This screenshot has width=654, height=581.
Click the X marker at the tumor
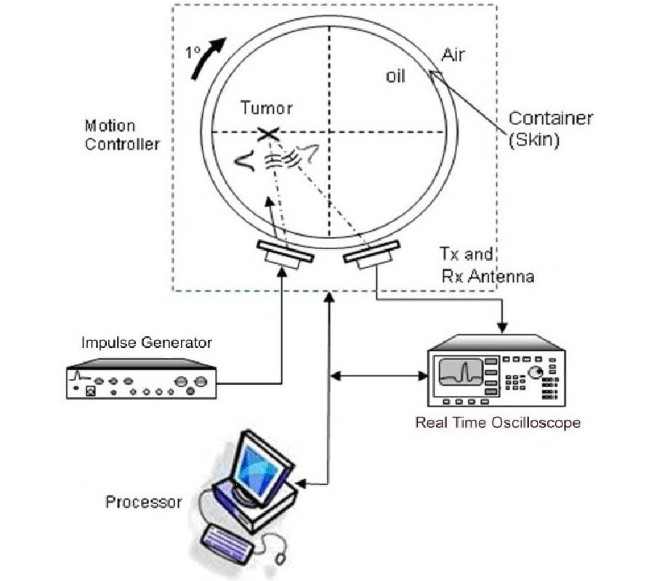268,133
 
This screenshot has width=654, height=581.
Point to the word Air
453,54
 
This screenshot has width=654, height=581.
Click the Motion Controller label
122,134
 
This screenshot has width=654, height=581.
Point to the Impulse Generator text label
146,342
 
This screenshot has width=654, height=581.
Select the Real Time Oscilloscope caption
498,422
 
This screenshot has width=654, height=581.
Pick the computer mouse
280,558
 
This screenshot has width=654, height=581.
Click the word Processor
143,501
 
